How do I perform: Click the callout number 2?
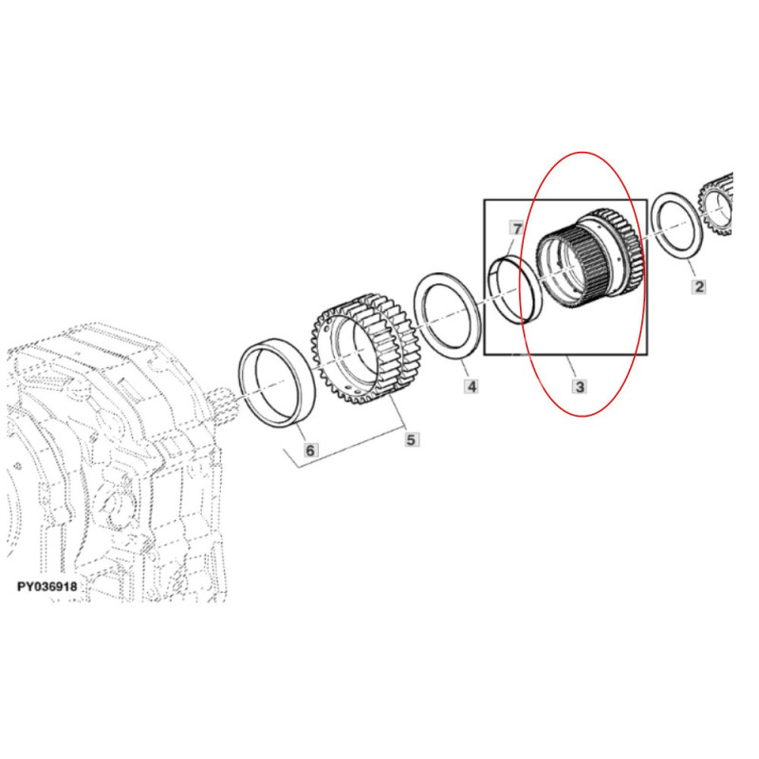[x=698, y=287]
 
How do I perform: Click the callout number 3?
[x=580, y=386]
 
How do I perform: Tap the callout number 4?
[x=471, y=386]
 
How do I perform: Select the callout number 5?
[x=411, y=439]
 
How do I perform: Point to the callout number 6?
[x=310, y=450]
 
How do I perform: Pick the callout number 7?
[x=517, y=229]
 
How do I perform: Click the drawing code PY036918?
[x=46, y=586]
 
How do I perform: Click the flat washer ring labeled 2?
[x=677, y=229]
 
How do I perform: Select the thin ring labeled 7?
[x=514, y=290]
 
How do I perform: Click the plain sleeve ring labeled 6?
[x=278, y=383]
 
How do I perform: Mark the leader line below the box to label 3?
[x=571, y=366]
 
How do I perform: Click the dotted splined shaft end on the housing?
[x=225, y=402]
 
